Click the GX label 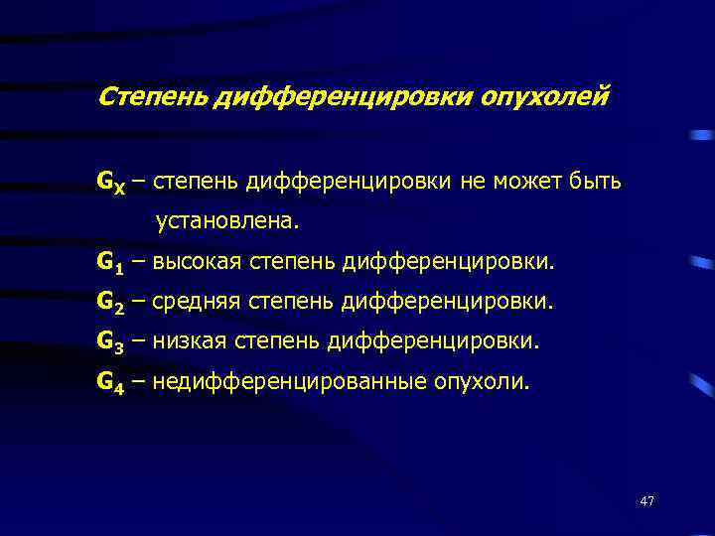click(110, 183)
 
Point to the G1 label click(110, 263)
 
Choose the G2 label click(110, 303)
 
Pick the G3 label click(110, 342)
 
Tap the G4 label click(110, 382)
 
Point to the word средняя click(200, 302)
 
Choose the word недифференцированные click(286, 381)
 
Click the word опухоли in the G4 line click(481, 381)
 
